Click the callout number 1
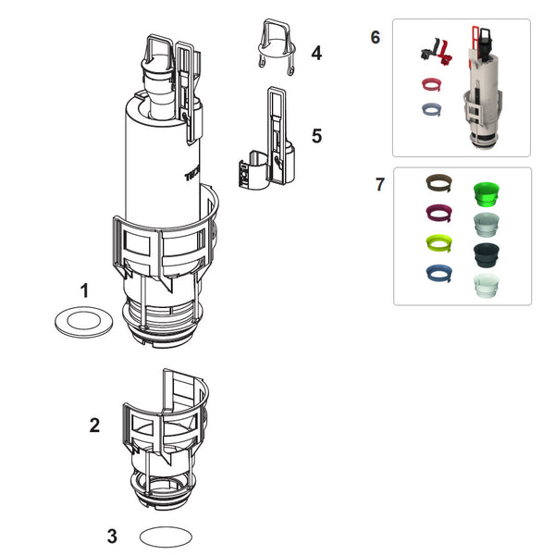tap(84, 290)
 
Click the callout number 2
tap(94, 425)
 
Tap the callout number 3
tap(112, 536)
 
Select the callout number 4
tap(316, 53)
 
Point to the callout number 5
tap(316, 136)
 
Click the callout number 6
tap(375, 38)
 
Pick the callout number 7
tap(379, 184)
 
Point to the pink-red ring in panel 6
tap(429, 86)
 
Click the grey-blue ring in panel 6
tap(430, 109)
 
